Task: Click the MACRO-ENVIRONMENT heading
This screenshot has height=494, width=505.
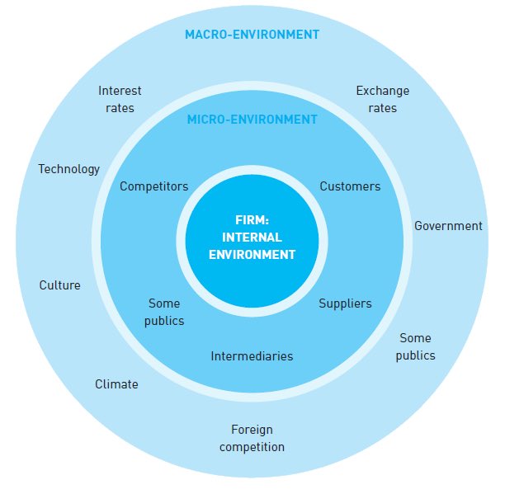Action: click(x=252, y=35)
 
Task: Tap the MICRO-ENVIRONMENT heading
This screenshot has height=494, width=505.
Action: click(x=252, y=120)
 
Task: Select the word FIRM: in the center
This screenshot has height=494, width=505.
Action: click(x=252, y=220)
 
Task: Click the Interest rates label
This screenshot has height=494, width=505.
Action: click(x=120, y=99)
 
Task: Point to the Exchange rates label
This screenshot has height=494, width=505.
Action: click(x=382, y=99)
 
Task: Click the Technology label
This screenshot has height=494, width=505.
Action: click(x=68, y=169)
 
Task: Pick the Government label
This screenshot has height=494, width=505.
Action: click(x=448, y=226)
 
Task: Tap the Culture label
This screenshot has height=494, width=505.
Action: click(x=60, y=285)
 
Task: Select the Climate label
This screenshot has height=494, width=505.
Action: click(x=116, y=384)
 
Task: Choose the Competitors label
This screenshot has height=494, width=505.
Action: click(x=153, y=186)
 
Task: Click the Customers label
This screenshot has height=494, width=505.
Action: click(x=350, y=186)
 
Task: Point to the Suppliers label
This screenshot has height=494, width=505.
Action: click(x=345, y=303)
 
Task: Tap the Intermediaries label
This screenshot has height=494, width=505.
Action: click(x=252, y=356)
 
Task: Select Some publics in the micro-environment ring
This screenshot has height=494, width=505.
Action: click(x=164, y=312)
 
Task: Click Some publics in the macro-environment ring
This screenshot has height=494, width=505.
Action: click(x=415, y=346)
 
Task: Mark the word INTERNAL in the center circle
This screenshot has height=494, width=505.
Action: click(x=252, y=238)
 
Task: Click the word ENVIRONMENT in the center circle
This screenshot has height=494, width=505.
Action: click(x=252, y=255)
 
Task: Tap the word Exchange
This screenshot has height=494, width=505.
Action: click(x=382, y=91)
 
